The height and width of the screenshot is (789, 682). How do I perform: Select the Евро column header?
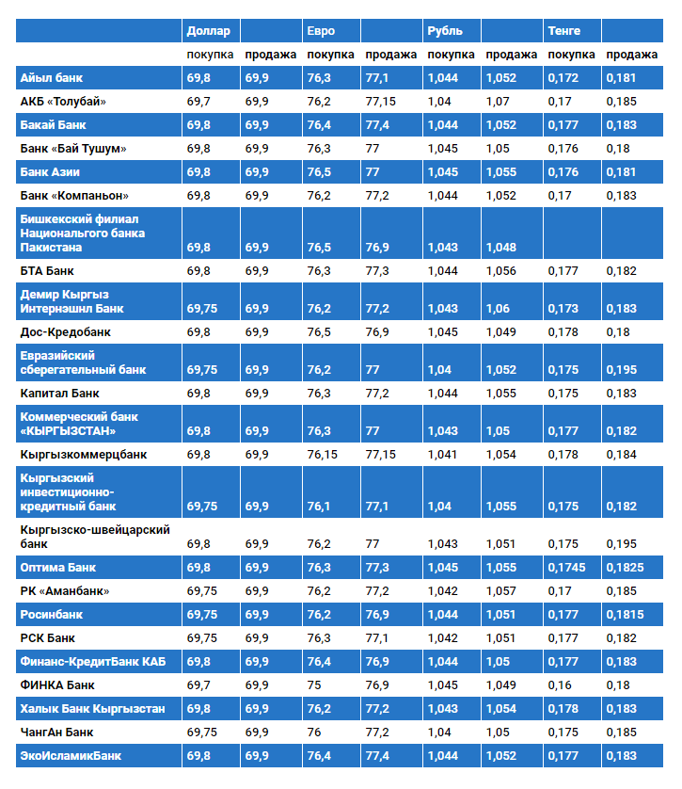[x=321, y=31]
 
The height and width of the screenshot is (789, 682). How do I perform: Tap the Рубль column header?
[x=444, y=31]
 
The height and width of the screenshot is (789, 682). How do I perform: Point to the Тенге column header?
[x=564, y=31]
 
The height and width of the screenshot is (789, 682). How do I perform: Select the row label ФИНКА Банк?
[x=57, y=684]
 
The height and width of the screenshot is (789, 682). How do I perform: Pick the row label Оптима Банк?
[x=58, y=568]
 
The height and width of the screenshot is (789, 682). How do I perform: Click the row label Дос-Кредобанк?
[x=65, y=331]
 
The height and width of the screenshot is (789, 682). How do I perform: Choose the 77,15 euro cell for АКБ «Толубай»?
[x=381, y=101]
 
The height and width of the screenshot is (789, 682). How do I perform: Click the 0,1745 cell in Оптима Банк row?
[x=566, y=568]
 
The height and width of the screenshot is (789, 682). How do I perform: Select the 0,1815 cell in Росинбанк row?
[x=625, y=614]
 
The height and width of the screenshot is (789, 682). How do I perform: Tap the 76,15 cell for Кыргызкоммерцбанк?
[x=322, y=455]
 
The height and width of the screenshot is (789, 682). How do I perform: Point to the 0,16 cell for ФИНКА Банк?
[x=560, y=684]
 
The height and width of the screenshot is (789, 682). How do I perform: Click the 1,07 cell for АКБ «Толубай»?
[x=499, y=101]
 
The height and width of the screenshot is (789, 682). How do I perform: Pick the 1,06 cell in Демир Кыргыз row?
[x=499, y=308]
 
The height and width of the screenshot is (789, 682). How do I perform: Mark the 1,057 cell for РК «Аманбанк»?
[x=501, y=590]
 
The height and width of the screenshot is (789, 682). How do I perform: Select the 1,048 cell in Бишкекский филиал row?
[x=501, y=247]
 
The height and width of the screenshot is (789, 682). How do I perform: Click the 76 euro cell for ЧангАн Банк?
[x=314, y=732]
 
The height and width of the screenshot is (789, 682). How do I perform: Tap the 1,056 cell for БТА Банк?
[x=501, y=270]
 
